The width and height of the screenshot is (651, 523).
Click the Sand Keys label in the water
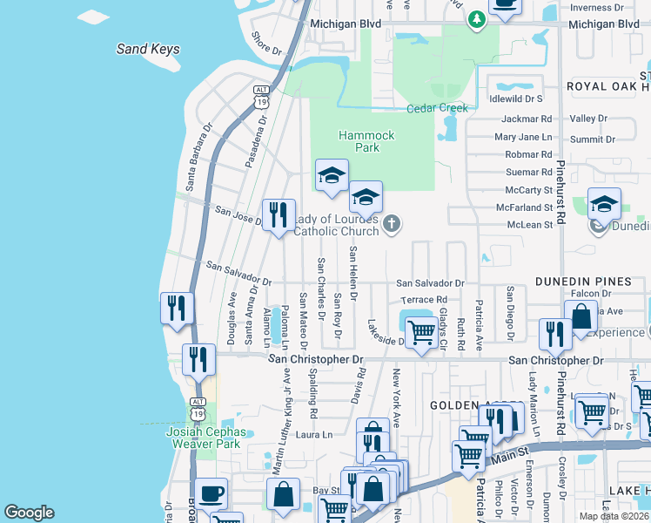coord(148,50)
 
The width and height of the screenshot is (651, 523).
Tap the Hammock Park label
coord(366,141)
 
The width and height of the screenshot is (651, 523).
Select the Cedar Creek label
coord(437,108)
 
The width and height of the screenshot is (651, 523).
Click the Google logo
coord(29,513)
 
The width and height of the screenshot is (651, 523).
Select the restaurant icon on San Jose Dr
coord(279,216)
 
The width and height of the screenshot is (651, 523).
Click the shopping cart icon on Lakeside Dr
coord(422,333)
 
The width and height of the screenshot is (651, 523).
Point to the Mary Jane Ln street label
coord(523,137)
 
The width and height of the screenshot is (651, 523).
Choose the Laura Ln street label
coord(314,434)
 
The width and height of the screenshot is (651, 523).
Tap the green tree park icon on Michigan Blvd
coord(476,19)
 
